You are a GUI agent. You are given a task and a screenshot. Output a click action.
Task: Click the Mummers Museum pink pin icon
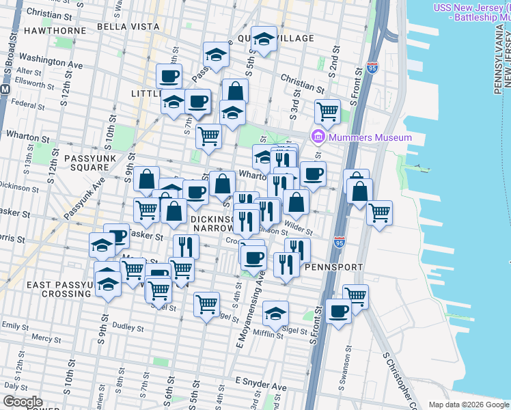pyautogui.click(x=318, y=137)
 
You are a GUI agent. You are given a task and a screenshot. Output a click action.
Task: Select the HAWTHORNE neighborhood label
pyautogui.click(x=49, y=31)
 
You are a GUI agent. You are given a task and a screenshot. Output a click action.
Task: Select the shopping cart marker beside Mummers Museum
pyautogui.click(x=328, y=110)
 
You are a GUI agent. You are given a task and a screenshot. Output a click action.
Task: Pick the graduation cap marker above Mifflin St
pyautogui.click(x=275, y=313)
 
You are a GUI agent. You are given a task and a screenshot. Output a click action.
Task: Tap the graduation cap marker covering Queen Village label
pyautogui.click(x=263, y=39)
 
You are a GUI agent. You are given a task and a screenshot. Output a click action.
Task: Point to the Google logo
pyautogui.click(x=23, y=402)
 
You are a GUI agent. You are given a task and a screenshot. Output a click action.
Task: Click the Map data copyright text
pyautogui.click(x=468, y=405)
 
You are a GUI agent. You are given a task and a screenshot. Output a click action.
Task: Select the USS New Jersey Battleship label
pyautogui.click(x=471, y=12)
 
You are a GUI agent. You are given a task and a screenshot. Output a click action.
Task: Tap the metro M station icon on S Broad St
pyautogui.click(x=4, y=90)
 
